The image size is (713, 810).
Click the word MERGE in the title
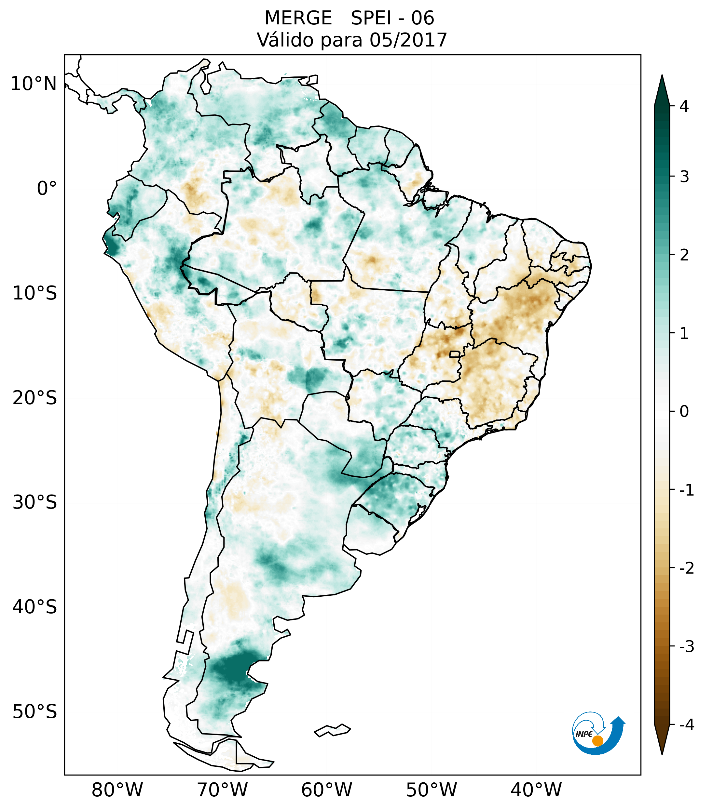click(298, 18)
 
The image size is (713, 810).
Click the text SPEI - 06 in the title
click(392, 18)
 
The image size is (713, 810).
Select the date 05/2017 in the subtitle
click(408, 40)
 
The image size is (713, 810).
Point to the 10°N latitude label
click(33, 84)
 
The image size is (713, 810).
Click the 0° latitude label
click(47, 188)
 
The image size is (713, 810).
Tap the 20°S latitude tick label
click(35, 398)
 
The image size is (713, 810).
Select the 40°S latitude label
click(35, 607)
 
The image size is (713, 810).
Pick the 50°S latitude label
click(35, 712)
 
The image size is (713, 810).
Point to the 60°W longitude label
click(326, 779)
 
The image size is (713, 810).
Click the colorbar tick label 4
click(684, 106)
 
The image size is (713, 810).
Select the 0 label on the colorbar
click(684, 412)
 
